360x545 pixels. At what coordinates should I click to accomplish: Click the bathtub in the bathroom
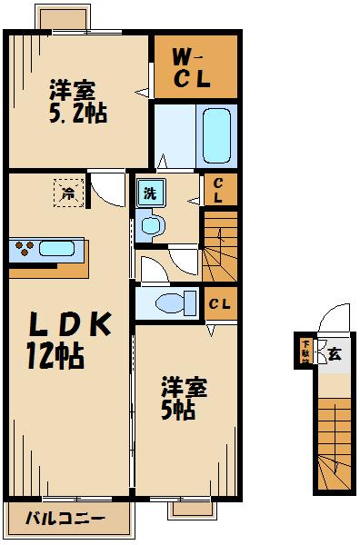[x=215, y=137]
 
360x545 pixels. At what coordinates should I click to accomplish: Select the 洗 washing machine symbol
[x=147, y=193]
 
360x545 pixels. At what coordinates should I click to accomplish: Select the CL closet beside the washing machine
[x=218, y=190]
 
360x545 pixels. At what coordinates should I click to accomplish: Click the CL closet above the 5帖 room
[x=218, y=302]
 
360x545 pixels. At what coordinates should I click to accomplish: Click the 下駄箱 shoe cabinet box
[x=305, y=352]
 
